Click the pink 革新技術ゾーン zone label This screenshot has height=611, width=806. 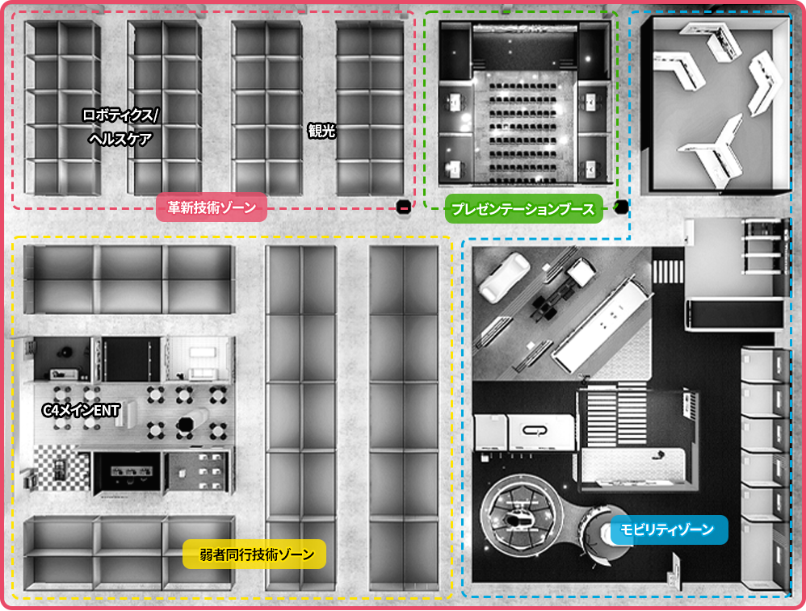212,207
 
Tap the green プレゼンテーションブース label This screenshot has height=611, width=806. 523,208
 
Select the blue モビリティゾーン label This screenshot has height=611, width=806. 669,529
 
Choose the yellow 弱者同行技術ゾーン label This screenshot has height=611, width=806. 254,554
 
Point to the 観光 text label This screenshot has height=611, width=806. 321,131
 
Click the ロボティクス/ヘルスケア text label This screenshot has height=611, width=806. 120,127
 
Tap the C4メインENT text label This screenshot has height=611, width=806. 81,410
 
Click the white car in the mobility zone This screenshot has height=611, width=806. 504,275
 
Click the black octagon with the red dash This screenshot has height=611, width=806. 404,207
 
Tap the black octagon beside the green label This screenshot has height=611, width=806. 621,207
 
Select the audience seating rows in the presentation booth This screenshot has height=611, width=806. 523,132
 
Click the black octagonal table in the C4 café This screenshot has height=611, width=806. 185,425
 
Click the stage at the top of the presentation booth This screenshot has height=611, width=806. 524,48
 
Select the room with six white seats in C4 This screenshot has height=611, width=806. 199,472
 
